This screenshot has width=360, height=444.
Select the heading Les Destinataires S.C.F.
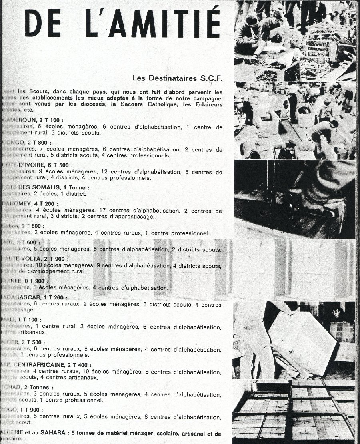point(176,77)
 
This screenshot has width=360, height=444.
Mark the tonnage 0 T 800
point(34,226)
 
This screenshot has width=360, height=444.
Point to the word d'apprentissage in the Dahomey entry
point(134,217)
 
